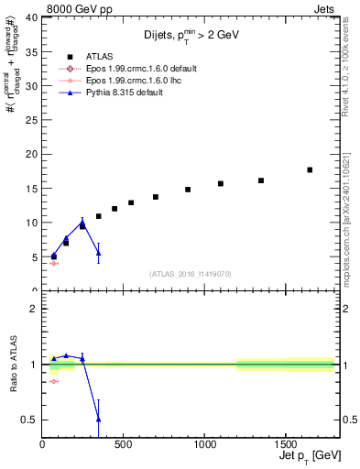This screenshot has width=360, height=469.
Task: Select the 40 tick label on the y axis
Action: pos(30,17)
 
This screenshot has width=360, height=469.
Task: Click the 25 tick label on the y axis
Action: pos(30,120)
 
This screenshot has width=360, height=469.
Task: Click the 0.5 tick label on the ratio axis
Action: pos(27,420)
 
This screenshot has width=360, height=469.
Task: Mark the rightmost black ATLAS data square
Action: pos(310,169)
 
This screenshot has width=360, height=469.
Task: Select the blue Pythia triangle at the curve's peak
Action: pos(82,222)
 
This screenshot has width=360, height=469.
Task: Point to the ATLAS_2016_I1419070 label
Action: pos(189,274)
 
